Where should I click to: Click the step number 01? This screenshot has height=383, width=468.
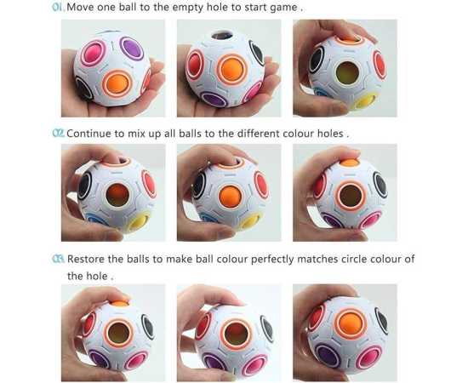coord(58,7)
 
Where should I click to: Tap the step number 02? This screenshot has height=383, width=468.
coord(58,133)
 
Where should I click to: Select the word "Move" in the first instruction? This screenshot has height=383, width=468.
coord(80,7)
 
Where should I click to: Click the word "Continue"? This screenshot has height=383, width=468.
coord(88,134)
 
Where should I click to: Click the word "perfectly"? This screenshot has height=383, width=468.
coord(272,260)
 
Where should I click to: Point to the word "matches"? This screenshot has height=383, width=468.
coord(317,259)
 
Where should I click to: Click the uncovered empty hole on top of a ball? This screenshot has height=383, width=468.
coord(222,36)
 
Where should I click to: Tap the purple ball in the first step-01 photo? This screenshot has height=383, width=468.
coord(132,48)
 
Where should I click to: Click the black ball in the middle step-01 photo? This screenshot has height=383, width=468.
coord(257,54)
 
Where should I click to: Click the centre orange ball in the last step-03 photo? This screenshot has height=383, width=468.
coord(350,324)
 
